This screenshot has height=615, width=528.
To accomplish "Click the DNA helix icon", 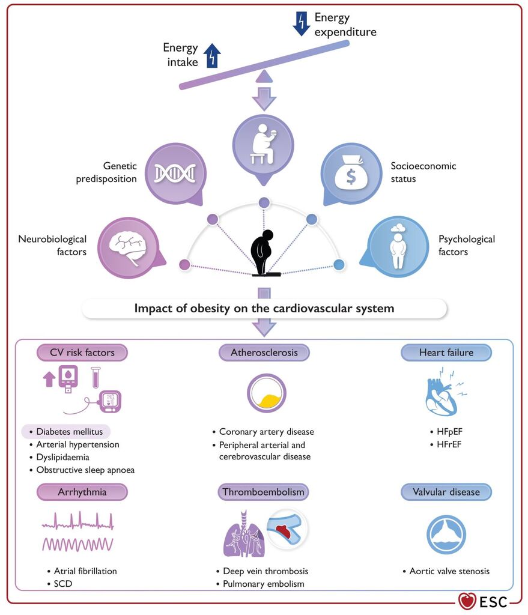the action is [x=175, y=174].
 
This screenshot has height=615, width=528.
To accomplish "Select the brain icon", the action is [x=128, y=247].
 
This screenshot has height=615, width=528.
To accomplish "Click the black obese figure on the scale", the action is [x=262, y=252].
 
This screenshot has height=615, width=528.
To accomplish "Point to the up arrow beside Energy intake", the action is [x=212, y=55].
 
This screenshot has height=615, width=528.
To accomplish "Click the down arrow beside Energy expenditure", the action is [x=302, y=24].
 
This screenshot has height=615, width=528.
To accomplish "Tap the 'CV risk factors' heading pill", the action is [x=82, y=353].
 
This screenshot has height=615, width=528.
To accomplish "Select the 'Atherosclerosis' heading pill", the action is [x=264, y=353].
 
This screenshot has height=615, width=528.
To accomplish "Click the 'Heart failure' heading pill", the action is [x=446, y=353].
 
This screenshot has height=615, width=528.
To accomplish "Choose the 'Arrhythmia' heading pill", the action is [x=82, y=492].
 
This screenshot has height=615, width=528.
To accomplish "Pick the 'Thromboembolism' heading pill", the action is [x=263, y=492].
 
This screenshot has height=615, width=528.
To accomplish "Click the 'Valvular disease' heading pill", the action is [x=446, y=492].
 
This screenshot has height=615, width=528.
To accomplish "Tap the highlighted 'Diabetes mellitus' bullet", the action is [x=66, y=431].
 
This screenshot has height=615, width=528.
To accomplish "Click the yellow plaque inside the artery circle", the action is [x=267, y=401].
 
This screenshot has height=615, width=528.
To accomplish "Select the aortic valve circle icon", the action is [x=446, y=535].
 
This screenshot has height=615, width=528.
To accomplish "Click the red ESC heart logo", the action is [x=467, y=601].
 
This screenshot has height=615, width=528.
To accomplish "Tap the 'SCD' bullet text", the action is [x=62, y=584].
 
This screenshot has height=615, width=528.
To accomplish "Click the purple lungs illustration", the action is [x=244, y=535].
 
